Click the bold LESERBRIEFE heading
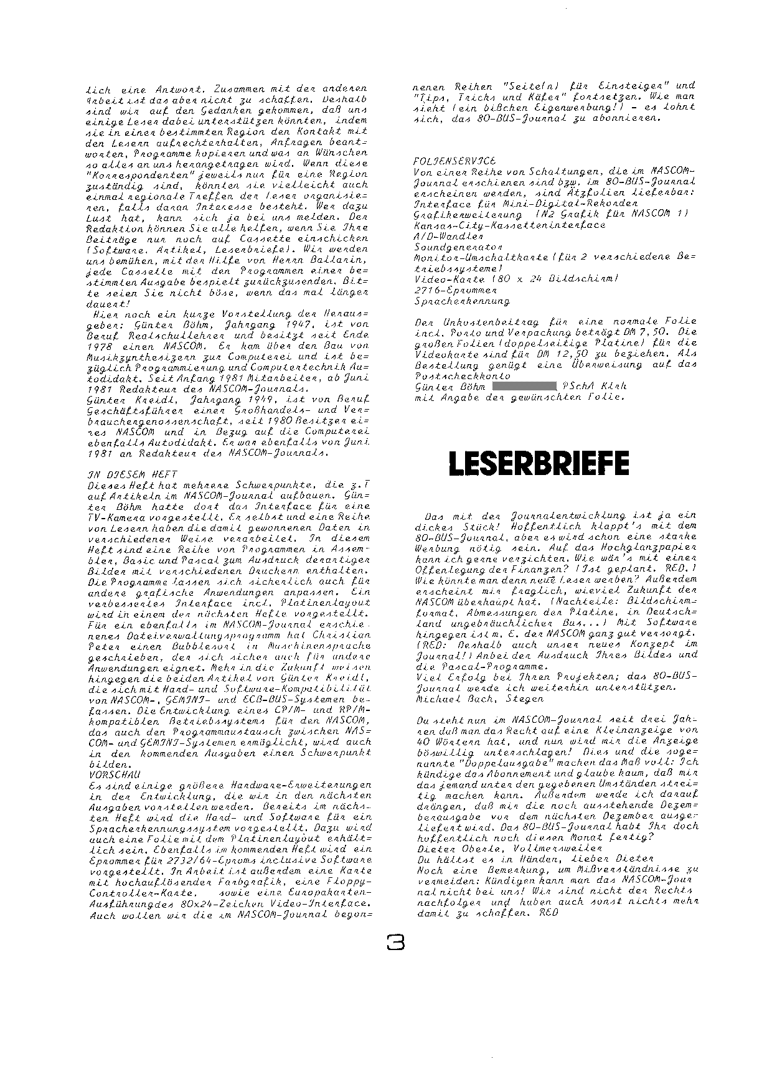pos(539,463)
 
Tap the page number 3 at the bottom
pos(395,943)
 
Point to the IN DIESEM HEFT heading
pos(133,474)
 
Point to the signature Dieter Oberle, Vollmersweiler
pos(509,848)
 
